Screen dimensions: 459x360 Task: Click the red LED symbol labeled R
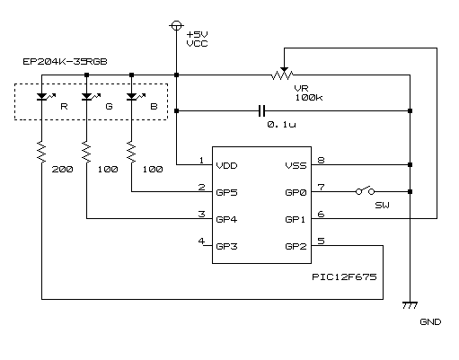[42, 96]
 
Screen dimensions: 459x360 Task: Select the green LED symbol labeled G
[87, 96]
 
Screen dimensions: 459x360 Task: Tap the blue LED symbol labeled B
[132, 96]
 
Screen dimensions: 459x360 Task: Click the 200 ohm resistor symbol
[41, 152]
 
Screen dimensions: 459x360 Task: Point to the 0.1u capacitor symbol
[261, 110]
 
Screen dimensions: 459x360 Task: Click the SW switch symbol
[365, 190]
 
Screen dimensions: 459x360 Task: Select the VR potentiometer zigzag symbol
[283, 74]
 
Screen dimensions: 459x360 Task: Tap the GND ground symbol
[410, 305]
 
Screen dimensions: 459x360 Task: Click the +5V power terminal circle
[176, 26]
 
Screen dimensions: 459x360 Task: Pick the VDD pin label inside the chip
[226, 165]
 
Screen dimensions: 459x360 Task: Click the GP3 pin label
[226, 246]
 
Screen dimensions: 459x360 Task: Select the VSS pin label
[296, 165]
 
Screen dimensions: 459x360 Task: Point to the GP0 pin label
[296, 192]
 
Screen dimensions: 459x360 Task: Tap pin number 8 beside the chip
[321, 160]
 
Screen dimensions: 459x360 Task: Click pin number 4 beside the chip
[201, 241]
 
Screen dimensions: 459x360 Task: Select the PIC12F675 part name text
[344, 277]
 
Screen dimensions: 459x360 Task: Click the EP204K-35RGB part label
[65, 61]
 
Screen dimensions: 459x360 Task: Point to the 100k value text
[309, 97]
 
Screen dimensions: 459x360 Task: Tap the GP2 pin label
[296, 246]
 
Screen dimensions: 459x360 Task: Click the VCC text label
[197, 43]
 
